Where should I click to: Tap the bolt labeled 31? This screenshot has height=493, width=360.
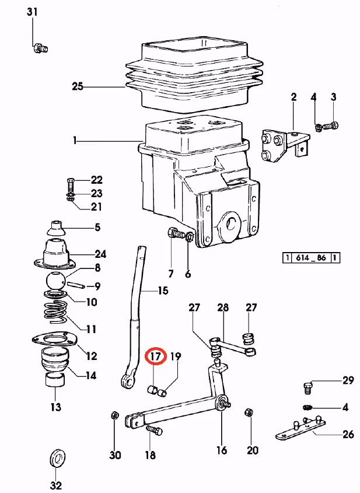coord(40,48)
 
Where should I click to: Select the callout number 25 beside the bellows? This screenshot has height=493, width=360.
coord(78,86)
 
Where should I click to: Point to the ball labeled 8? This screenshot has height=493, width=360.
coord(56,281)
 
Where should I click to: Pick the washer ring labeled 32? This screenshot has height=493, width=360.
coord(57,461)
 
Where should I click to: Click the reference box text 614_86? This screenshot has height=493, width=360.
coord(310,258)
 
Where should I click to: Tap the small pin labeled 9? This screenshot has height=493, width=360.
coord(76,285)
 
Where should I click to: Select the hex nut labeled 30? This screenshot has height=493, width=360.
coord(115,415)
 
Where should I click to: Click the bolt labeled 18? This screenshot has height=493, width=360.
coord(154,430)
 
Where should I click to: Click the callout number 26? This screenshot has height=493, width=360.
coord(348,434)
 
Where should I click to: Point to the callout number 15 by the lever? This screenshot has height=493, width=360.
coord(163,291)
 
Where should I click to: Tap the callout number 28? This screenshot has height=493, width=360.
coord(223,307)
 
